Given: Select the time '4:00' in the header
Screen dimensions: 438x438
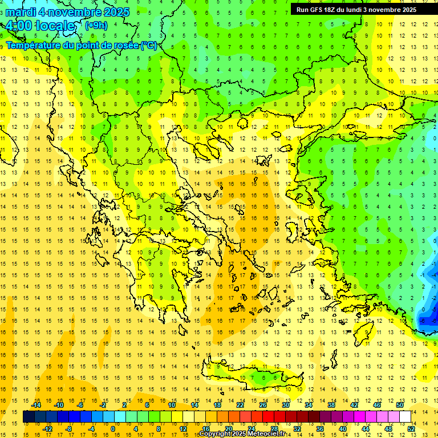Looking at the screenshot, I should pyautogui.click(x=19, y=26).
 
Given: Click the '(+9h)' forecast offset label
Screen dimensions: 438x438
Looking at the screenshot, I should pyautogui.click(x=96, y=25).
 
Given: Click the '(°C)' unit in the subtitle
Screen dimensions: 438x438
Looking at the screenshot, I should pyautogui.click(x=149, y=45).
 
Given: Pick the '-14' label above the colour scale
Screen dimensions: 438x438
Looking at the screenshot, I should pyautogui.click(x=36, y=405).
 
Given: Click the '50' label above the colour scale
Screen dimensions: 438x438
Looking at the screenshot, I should pyautogui.click(x=400, y=405).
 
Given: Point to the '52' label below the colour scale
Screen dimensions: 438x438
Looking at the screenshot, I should pyautogui.click(x=411, y=429).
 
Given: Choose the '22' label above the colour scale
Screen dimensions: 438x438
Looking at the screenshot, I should pyautogui.click(x=240, y=405).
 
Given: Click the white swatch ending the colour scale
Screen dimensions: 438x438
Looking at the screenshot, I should pyautogui.click(x=405, y=417).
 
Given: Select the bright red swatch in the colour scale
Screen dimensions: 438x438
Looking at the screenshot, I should pyautogui.click(x=269, y=417).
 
